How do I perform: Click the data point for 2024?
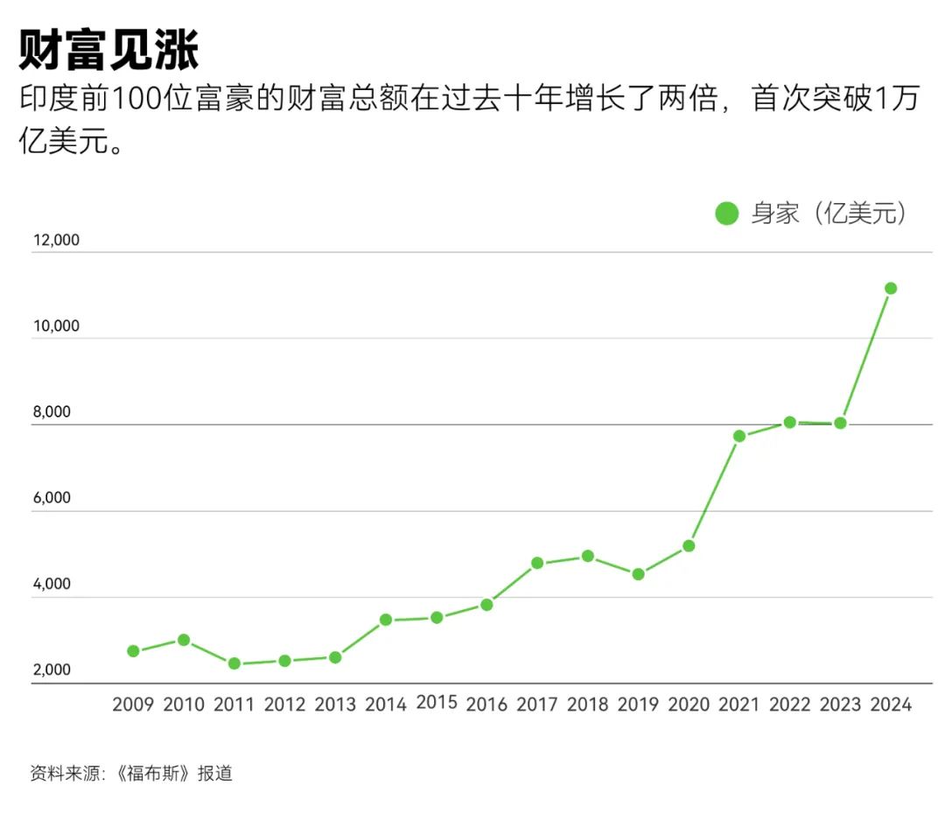(x=891, y=288)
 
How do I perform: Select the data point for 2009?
(x=133, y=651)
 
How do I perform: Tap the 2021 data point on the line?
(x=739, y=436)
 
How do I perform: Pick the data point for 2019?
(x=639, y=574)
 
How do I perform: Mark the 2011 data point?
(x=234, y=663)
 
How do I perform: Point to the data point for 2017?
(x=537, y=563)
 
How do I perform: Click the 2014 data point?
(x=386, y=620)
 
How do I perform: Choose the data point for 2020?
(x=689, y=546)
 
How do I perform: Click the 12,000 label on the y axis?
(x=55, y=241)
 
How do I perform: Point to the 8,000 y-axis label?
(x=57, y=412)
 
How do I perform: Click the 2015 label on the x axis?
(x=437, y=702)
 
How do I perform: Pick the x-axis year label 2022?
(x=790, y=704)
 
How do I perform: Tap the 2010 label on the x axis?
(x=184, y=704)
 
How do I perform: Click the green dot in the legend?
(x=727, y=214)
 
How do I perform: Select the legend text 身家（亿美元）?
(x=828, y=214)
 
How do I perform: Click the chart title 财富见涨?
(x=109, y=50)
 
